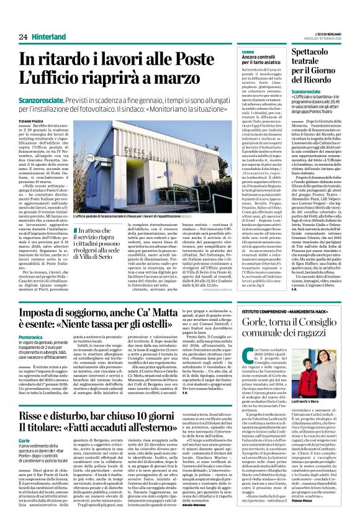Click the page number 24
point(23,37)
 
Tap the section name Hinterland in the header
point(49,37)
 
